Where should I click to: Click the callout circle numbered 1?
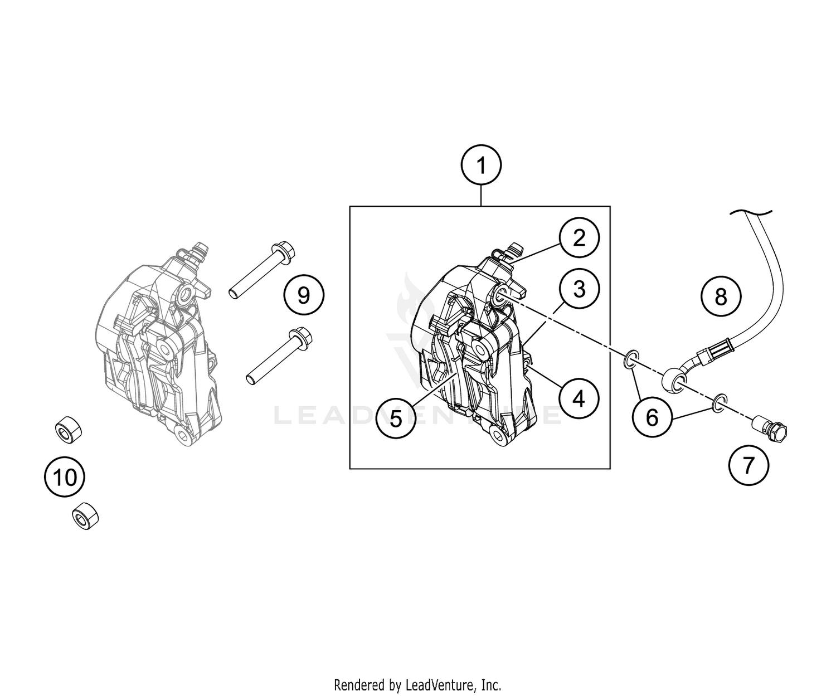click(x=481, y=166)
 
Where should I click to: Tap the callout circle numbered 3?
click(x=579, y=289)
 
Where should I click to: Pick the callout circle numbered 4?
click(x=579, y=398)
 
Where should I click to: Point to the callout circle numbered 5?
click(x=396, y=418)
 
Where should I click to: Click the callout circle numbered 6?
click(x=652, y=416)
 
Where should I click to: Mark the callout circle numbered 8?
click(x=721, y=296)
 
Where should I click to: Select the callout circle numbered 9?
click(x=303, y=295)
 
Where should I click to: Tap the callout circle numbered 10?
click(x=65, y=477)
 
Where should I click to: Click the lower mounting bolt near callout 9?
click(x=279, y=356)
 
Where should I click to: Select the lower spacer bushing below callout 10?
click(x=85, y=515)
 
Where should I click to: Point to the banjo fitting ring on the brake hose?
click(x=675, y=382)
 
